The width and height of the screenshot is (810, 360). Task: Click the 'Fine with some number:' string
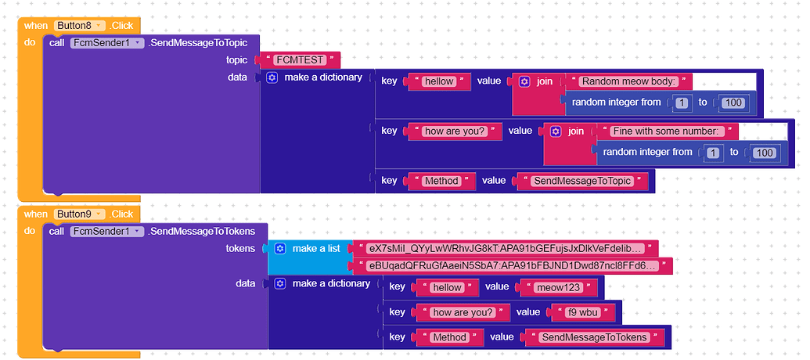point(664,131)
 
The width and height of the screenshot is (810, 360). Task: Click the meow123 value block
point(557,287)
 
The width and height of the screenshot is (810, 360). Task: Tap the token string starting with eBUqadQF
point(513,266)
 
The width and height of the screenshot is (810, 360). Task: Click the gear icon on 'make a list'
point(279,248)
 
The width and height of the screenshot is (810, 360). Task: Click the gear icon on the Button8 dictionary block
point(272,77)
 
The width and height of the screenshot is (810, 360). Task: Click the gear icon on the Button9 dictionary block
point(279,283)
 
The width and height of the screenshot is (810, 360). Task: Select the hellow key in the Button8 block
point(440,81)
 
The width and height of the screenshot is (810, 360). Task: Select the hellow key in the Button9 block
point(448,287)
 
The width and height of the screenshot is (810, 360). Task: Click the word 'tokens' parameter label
point(240,248)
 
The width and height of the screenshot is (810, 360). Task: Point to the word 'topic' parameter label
point(236,60)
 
